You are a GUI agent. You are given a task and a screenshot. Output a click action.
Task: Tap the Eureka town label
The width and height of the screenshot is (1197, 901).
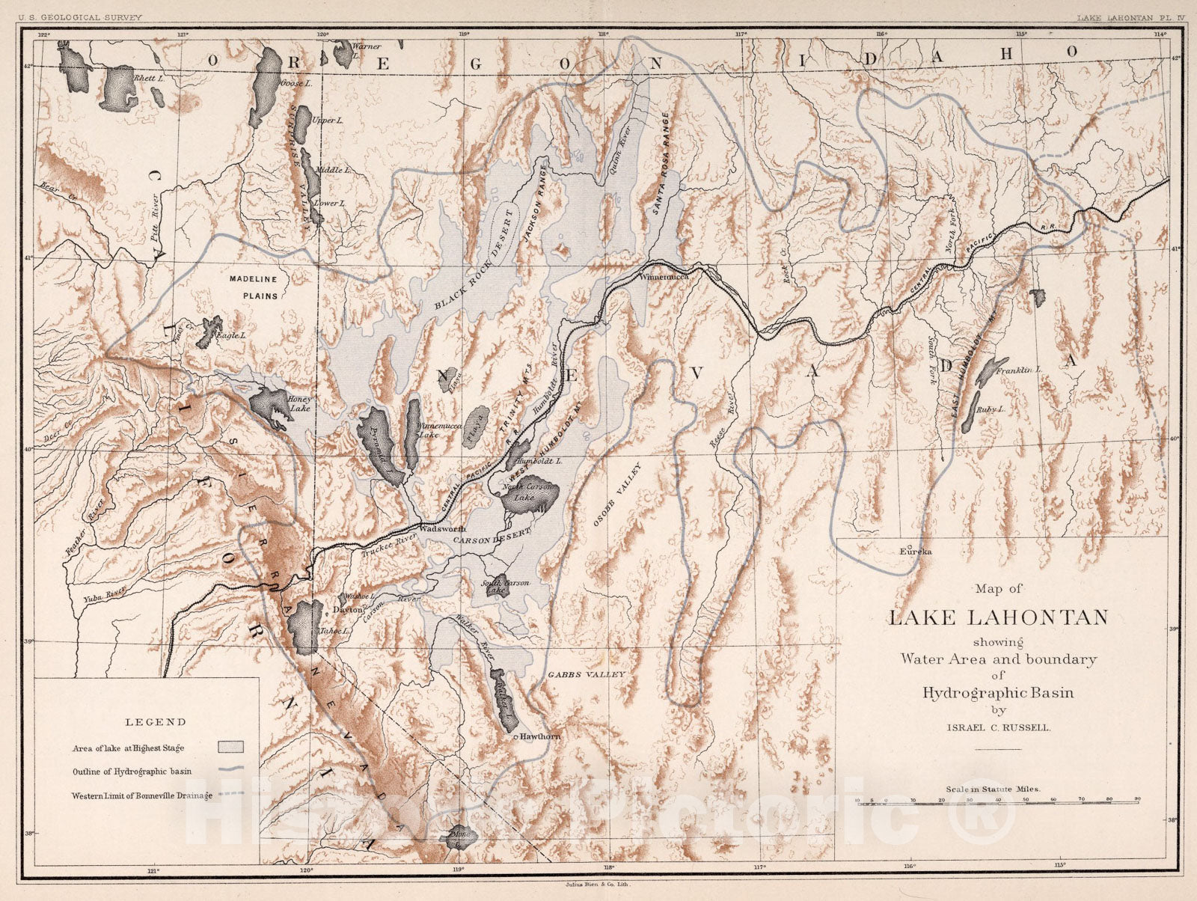click(916, 551)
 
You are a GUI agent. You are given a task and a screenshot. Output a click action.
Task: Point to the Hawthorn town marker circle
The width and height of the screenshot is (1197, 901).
click(516, 737)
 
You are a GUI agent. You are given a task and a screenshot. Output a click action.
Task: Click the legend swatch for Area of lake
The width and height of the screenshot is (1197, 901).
click(231, 747)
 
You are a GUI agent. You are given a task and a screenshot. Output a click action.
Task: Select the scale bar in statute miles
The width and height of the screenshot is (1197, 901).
click(997, 800)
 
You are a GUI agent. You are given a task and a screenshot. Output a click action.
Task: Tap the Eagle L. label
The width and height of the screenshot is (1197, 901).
click(230, 337)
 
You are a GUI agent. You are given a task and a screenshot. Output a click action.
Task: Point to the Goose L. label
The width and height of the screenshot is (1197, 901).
click(296, 84)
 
